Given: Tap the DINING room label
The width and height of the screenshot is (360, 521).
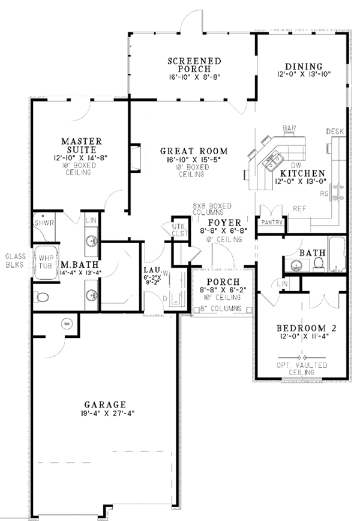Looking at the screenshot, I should (x=304, y=67).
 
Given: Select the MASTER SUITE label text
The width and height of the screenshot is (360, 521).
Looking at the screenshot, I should (x=82, y=146).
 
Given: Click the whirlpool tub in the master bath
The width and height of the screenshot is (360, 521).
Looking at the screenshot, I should (x=44, y=264).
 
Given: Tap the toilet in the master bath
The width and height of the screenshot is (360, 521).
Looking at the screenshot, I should (x=42, y=297).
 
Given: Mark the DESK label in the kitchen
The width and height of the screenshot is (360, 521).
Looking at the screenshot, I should (x=334, y=131).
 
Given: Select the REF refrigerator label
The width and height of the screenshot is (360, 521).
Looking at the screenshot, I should (x=299, y=209).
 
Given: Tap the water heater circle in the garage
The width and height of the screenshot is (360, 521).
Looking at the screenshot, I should (x=67, y=325).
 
